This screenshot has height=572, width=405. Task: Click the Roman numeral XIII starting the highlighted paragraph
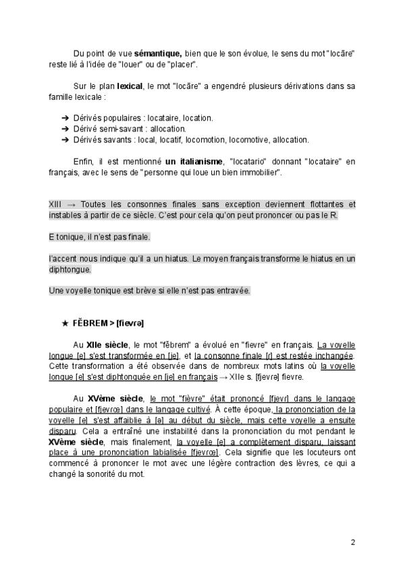point(57,204)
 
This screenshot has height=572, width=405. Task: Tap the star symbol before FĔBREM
point(65,324)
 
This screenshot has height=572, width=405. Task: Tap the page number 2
point(352,542)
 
